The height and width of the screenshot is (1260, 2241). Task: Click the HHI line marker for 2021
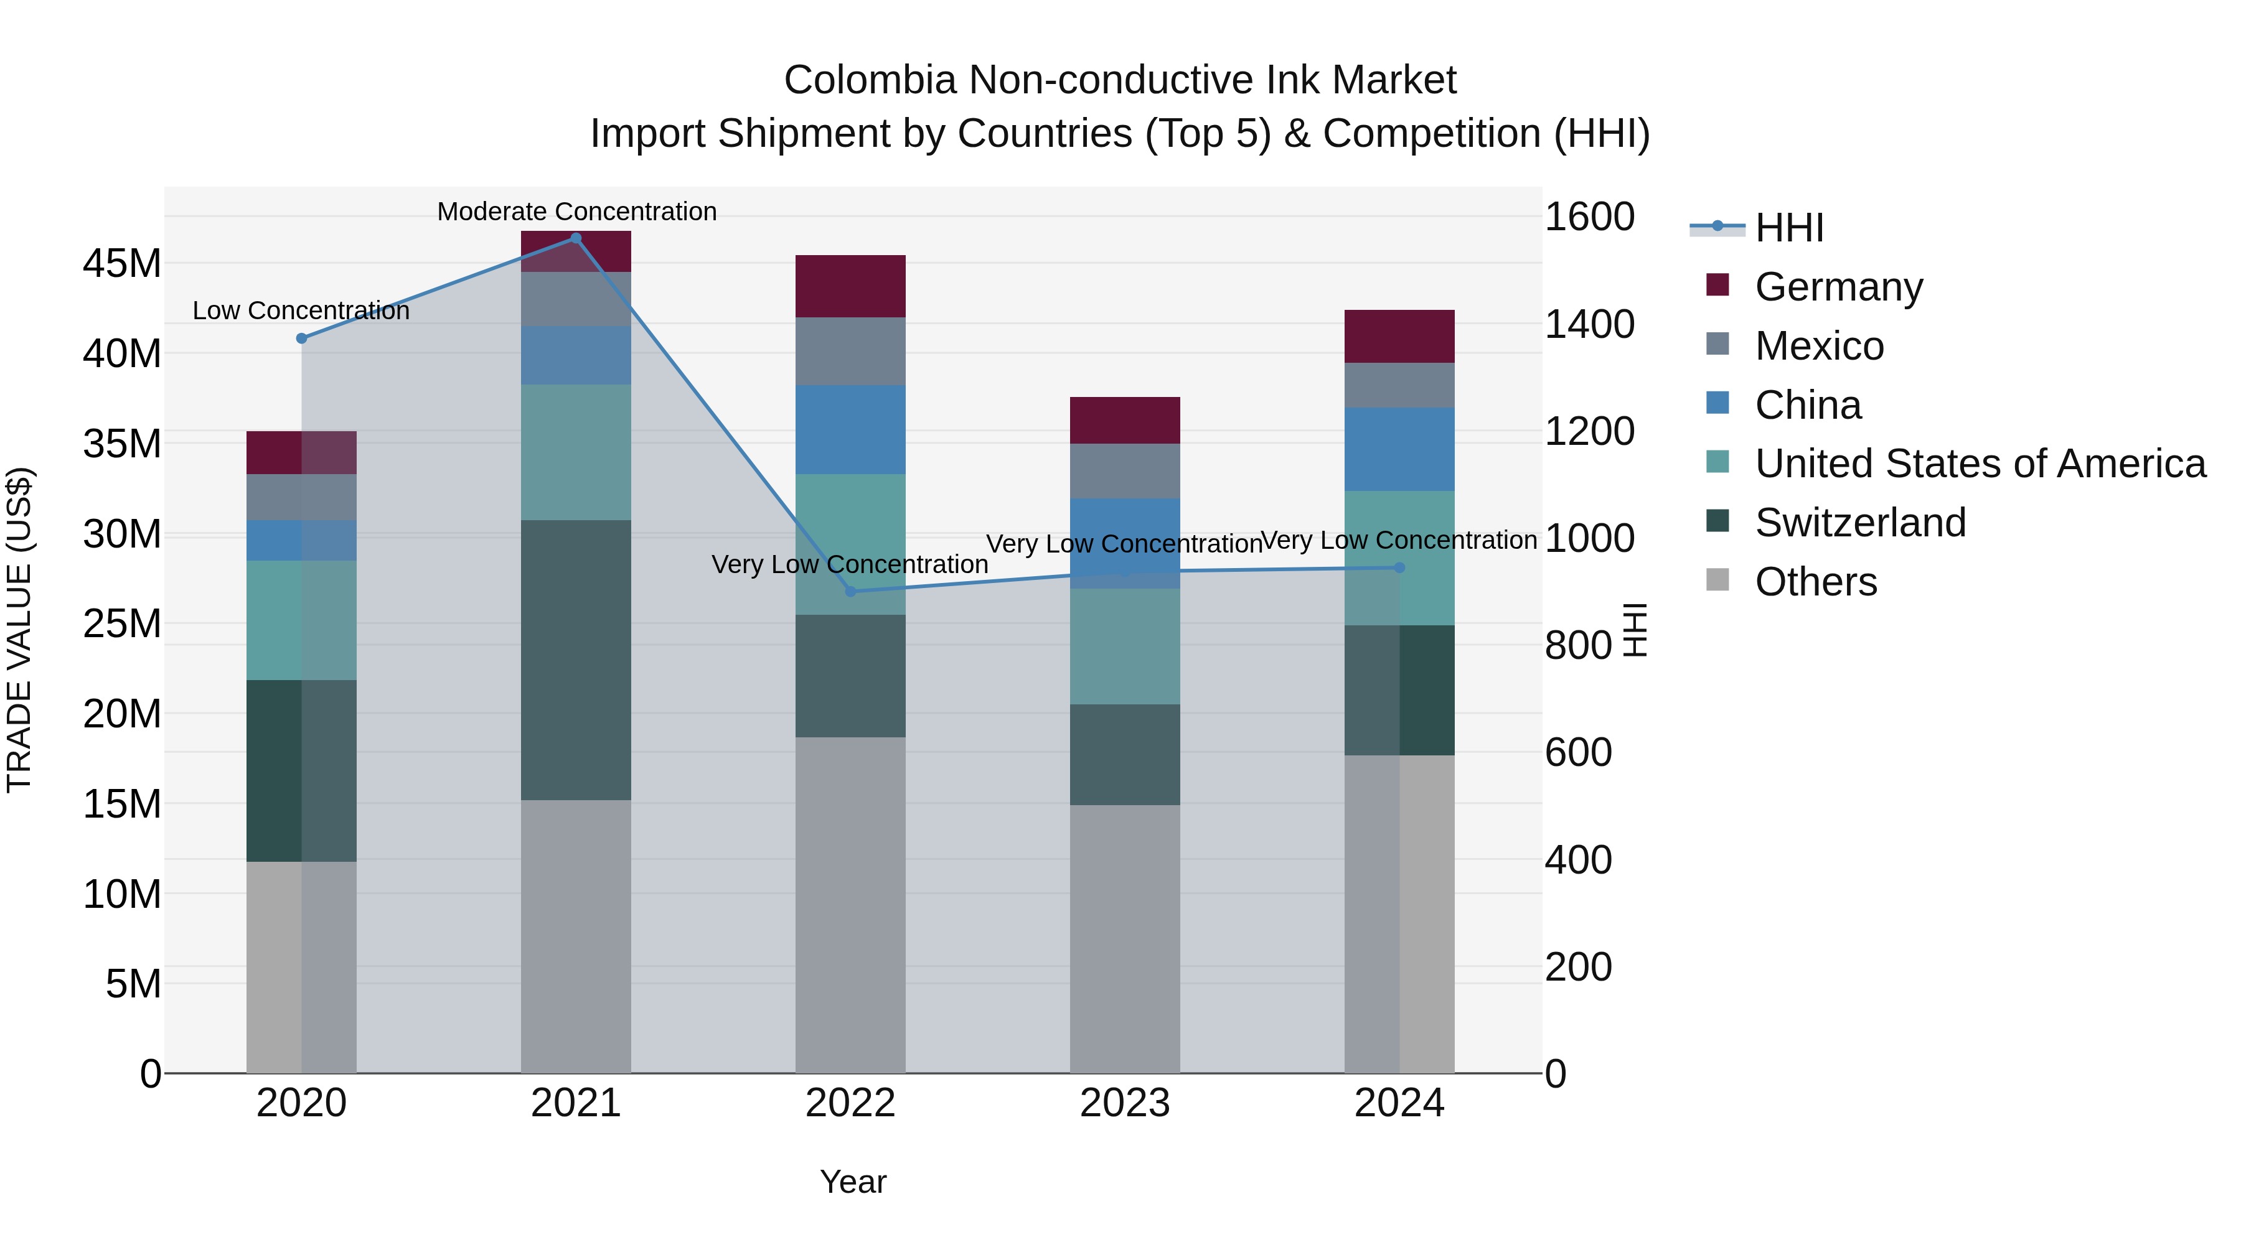575,238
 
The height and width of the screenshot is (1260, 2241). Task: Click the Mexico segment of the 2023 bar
1124,470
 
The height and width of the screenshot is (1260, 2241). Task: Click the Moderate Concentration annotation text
577,212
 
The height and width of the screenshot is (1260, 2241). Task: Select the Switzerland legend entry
1860,523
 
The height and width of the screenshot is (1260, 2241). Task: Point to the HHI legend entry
1788,228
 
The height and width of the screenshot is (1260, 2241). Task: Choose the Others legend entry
1816,582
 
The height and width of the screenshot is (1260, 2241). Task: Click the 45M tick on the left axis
122,263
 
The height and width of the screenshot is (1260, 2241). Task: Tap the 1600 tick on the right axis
1589,217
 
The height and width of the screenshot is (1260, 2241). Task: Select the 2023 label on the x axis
1124,1103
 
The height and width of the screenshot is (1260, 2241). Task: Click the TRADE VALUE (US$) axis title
19,630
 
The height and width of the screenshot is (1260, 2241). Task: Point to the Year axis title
853,1182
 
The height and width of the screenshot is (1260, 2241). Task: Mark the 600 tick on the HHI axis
1578,752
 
